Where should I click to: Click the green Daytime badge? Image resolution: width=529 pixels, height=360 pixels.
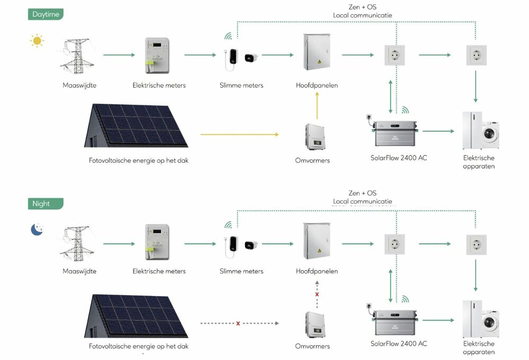tap(45, 14)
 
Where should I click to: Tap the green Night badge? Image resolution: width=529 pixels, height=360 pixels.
tap(45, 204)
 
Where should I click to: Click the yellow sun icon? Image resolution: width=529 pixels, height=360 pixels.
tap(37, 40)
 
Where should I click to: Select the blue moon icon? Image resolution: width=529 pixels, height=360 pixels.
tap(37, 229)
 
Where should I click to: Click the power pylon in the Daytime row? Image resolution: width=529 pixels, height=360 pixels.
tap(74, 54)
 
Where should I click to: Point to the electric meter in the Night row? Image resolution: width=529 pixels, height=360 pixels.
tap(157, 243)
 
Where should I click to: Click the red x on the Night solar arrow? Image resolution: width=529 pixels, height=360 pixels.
tap(238, 323)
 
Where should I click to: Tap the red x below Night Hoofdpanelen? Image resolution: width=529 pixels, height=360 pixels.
tap(317, 294)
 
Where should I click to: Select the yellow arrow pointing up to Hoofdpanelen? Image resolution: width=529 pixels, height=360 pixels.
tap(317, 106)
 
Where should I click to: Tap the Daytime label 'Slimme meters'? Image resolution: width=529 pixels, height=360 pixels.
tap(241, 85)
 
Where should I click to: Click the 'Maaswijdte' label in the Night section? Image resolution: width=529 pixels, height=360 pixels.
tap(79, 271)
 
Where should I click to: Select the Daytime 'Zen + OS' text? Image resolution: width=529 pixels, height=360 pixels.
tap(362, 7)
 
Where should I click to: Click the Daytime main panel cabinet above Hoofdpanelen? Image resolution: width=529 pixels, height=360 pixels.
tap(317, 52)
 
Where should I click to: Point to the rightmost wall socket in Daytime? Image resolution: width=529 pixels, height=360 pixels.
tap(476, 55)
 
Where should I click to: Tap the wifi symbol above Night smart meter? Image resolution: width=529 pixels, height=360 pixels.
tap(229, 225)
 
